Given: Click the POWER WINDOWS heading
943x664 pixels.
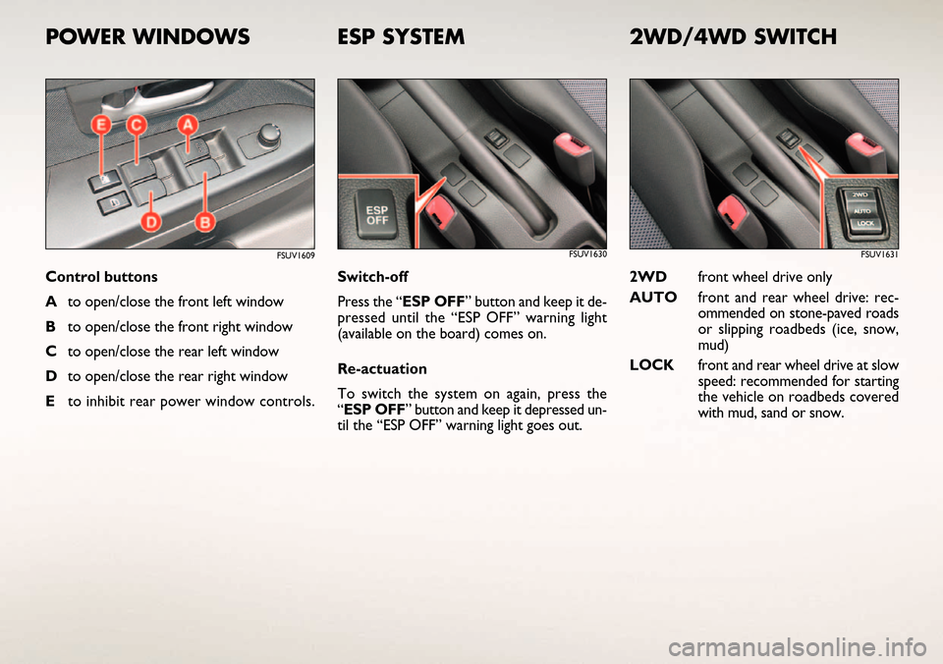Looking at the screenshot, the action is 147,36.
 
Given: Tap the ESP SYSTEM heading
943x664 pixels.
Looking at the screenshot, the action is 401,36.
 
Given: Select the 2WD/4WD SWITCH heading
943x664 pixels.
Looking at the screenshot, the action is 733,36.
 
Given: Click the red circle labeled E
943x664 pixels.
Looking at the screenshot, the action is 101,126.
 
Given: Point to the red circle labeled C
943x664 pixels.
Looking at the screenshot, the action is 137,126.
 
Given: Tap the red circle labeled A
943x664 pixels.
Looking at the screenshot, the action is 188,125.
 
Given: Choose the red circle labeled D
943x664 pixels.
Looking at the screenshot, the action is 151,222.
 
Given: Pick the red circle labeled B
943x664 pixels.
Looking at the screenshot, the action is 204,222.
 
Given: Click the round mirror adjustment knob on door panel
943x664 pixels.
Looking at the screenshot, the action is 268,136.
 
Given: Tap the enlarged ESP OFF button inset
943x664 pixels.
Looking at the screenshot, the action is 376,213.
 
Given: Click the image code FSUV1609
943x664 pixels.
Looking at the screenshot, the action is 296,255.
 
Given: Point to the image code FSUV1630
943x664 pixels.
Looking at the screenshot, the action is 587,254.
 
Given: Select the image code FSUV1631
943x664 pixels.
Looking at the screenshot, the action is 879,254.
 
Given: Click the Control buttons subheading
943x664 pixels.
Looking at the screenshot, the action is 101,277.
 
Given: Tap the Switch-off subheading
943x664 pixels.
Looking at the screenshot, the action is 373,277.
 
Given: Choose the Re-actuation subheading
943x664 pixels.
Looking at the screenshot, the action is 382,368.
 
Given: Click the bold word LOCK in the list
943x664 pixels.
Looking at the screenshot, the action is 651,365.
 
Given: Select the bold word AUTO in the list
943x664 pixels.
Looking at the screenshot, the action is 653,297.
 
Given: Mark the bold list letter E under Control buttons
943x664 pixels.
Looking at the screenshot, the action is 50,401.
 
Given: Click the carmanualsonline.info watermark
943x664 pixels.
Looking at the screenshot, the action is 798,647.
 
